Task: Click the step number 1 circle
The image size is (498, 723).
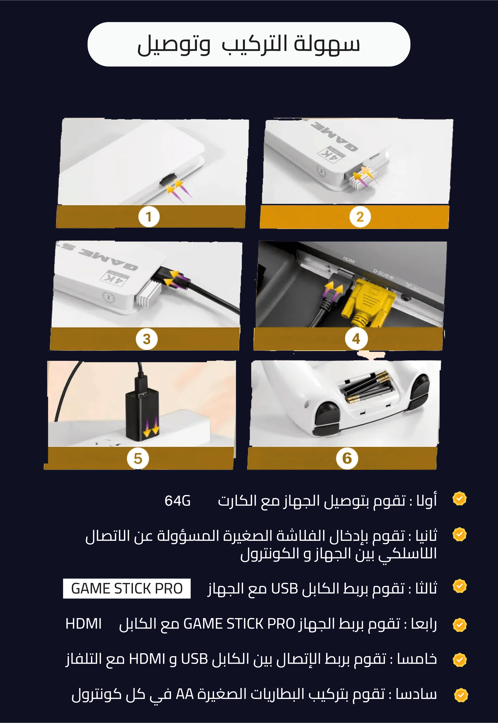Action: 149,217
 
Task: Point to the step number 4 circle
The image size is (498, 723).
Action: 356,339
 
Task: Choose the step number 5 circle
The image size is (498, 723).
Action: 138,458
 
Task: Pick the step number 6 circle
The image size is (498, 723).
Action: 347,458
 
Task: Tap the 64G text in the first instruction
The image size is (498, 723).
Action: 178,501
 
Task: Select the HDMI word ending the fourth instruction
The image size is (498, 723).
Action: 84,624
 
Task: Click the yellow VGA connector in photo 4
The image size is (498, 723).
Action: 368,303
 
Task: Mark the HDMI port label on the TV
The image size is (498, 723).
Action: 349,260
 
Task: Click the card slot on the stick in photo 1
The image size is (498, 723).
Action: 168,180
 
